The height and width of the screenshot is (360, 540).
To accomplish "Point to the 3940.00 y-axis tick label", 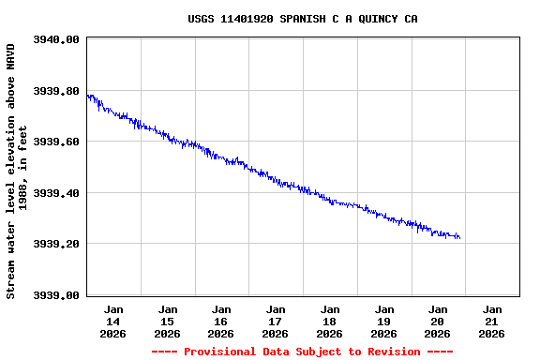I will click(x=56, y=39).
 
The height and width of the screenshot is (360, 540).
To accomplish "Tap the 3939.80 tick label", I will click(x=56, y=91).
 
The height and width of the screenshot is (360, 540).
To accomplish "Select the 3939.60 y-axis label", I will click(x=56, y=142).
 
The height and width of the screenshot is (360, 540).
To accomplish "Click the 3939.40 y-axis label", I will click(x=56, y=193).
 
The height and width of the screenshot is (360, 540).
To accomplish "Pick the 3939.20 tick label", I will click(x=56, y=244).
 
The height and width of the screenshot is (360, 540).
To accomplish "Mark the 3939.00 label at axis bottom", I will click(x=56, y=295).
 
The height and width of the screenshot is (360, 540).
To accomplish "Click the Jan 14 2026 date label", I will click(x=113, y=321).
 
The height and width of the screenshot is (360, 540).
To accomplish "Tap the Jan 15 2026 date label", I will click(x=168, y=321).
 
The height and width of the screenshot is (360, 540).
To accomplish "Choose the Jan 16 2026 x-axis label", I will click(x=221, y=321).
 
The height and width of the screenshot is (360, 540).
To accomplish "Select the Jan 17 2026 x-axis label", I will click(x=276, y=321).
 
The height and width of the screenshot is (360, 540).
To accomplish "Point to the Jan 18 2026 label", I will click(x=330, y=321).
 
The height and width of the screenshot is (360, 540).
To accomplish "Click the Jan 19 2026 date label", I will click(x=383, y=321).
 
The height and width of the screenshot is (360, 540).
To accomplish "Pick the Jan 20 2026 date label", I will click(x=438, y=321).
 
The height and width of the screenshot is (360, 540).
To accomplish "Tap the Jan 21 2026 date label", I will click(x=492, y=321).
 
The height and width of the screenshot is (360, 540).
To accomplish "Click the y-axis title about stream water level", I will click(x=17, y=170).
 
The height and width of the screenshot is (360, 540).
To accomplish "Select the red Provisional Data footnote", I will click(x=302, y=352).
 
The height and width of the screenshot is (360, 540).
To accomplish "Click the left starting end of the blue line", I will click(x=87, y=96).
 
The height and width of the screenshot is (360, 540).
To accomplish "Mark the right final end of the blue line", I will click(x=459, y=238).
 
